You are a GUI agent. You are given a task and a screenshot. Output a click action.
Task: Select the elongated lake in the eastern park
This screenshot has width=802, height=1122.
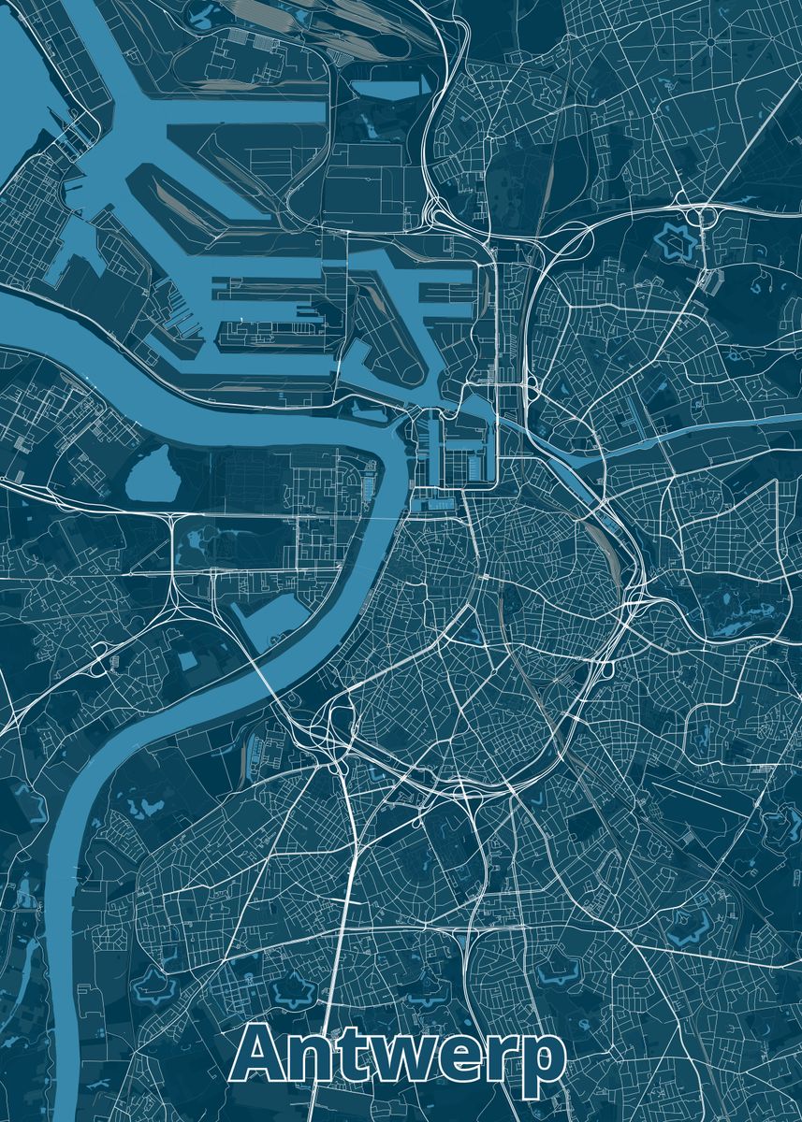pos(739,612)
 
